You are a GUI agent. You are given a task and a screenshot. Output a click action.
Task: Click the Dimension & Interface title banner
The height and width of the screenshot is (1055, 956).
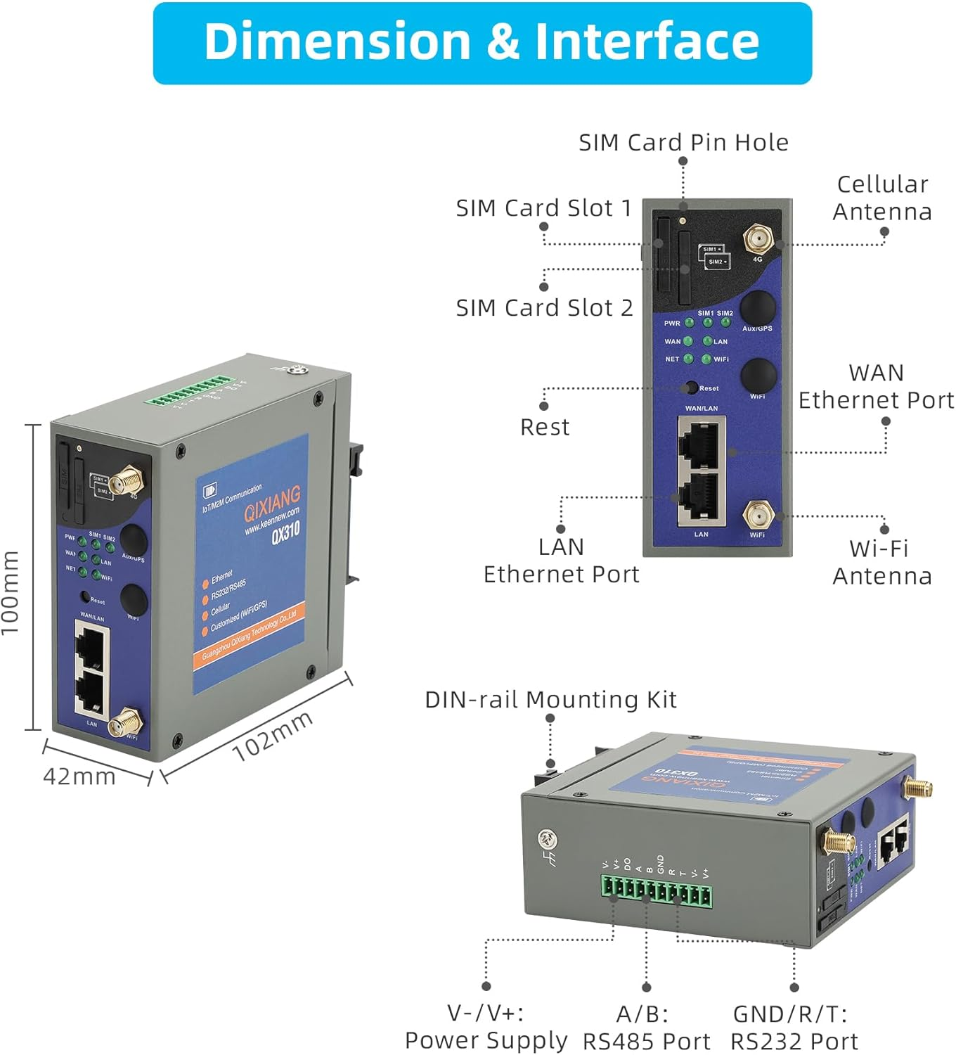click(x=482, y=42)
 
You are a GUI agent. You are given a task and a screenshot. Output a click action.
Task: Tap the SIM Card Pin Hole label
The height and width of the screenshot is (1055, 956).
click(x=683, y=143)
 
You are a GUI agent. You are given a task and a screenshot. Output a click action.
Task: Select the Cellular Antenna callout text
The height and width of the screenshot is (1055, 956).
click(x=882, y=198)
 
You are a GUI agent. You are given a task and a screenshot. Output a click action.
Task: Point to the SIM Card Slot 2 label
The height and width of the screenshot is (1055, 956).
click(x=544, y=308)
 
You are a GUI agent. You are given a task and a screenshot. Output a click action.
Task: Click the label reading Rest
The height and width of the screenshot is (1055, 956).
click(x=545, y=427)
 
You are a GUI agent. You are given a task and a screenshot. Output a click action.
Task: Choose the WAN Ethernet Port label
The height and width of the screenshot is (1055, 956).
click(x=876, y=386)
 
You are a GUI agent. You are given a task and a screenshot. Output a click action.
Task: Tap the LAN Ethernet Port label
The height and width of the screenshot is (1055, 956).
click(x=561, y=561)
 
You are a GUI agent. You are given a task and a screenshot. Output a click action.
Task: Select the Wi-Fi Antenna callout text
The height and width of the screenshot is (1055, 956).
click(x=881, y=562)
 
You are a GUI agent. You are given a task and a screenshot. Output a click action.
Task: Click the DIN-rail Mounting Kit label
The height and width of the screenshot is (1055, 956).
click(x=550, y=700)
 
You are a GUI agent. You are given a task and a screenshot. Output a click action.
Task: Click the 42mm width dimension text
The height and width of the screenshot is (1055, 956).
click(x=79, y=776)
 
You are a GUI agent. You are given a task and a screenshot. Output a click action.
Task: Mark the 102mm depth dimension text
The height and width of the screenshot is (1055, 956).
click(x=272, y=736)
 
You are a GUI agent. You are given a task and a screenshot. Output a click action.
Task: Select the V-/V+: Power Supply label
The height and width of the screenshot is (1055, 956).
click(x=486, y=1027)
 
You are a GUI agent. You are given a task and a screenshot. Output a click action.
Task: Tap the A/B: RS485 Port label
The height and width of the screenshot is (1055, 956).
click(x=646, y=1028)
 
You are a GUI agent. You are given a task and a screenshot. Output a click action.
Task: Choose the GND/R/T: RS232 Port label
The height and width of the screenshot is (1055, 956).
click(x=794, y=1028)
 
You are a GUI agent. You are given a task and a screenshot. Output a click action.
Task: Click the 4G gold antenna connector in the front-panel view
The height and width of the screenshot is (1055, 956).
click(x=757, y=240)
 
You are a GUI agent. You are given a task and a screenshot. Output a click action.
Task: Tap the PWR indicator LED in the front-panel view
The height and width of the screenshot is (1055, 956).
click(x=690, y=323)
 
